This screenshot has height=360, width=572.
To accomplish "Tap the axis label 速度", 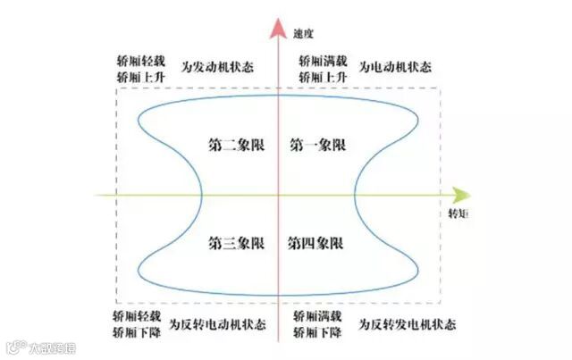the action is (x=305, y=33).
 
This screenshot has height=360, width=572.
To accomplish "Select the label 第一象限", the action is (x=318, y=144).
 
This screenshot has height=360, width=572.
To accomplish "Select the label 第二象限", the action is (x=237, y=144).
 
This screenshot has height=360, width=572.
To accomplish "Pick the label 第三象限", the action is (x=237, y=243).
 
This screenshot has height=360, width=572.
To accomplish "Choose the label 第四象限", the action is (x=318, y=243).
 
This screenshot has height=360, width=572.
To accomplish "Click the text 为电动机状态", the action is (x=395, y=66).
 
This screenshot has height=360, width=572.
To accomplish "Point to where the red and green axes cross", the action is (x=279, y=195).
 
